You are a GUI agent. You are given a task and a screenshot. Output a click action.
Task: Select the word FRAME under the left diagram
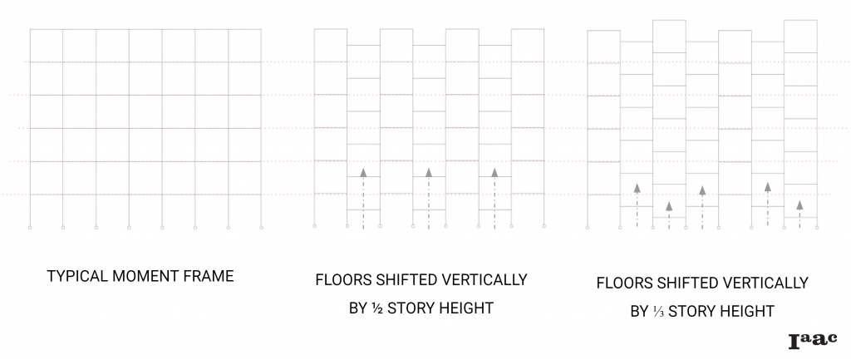tap(207, 276)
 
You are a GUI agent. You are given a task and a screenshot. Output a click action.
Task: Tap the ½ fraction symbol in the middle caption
tap(371, 308)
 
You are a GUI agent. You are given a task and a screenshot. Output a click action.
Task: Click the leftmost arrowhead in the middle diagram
tap(363, 172)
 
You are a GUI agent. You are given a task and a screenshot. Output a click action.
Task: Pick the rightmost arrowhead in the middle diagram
tap(494, 172)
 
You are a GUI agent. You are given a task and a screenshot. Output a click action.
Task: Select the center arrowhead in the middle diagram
tap(429, 172)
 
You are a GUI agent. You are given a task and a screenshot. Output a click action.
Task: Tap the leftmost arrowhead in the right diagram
tap(636, 187)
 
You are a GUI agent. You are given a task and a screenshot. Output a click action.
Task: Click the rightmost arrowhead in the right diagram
tap(799, 204)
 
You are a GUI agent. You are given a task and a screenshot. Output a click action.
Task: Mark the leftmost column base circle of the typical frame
tap(30, 226)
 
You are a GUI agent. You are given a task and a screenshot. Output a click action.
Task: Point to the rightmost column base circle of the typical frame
tap(261, 226)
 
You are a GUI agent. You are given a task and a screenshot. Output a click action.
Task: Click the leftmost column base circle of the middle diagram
tap(314, 226)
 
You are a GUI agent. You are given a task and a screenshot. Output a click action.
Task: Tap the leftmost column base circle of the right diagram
tap(588, 226)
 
